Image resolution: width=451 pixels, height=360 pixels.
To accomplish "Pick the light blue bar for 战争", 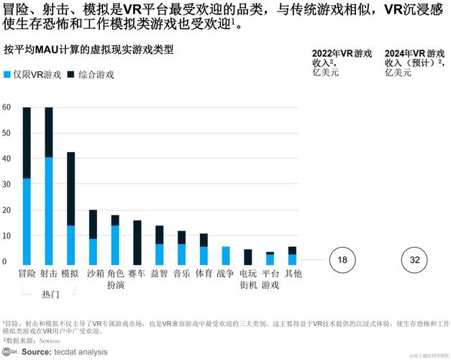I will click(x=226, y=256).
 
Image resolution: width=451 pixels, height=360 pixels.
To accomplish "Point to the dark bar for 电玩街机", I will click(x=248, y=257).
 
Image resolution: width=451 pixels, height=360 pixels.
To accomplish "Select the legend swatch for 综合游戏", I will click(x=70, y=75).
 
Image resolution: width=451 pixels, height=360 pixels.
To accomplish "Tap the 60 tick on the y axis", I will click(x=6, y=108).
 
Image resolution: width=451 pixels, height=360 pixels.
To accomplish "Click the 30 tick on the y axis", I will click(x=6, y=184).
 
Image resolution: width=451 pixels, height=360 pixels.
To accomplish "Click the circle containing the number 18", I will click(x=343, y=260).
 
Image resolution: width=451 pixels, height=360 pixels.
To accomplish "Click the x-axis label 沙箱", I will click(x=93, y=274).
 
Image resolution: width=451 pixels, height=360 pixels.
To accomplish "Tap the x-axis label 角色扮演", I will click(x=115, y=279).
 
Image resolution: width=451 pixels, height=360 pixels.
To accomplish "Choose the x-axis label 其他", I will click(x=292, y=274).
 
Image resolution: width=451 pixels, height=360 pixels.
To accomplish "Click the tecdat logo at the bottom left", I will click(x=9, y=351).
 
